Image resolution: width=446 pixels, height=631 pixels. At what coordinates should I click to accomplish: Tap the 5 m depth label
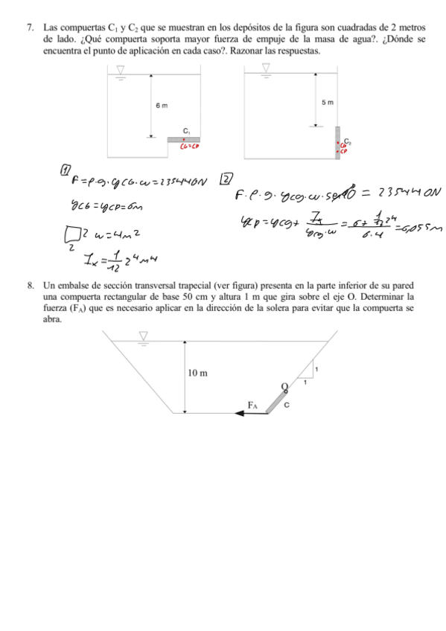328,101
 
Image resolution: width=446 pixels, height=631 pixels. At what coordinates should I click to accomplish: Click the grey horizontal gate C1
183,139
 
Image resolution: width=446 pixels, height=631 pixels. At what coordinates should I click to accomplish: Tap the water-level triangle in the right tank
266,68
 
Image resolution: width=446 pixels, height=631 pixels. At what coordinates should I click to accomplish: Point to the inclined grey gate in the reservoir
275,400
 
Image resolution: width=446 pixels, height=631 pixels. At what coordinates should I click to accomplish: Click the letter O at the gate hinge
284,384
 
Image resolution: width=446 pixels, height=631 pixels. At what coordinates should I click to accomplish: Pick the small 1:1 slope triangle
310,372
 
